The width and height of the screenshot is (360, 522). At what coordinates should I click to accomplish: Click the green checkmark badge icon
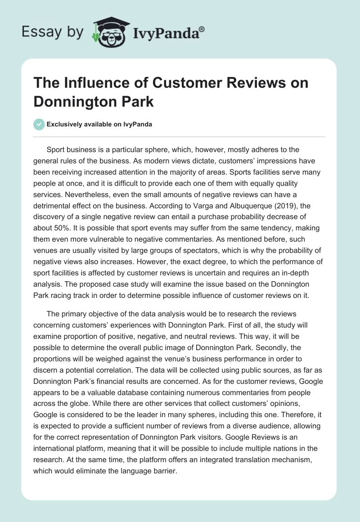coord(39,124)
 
